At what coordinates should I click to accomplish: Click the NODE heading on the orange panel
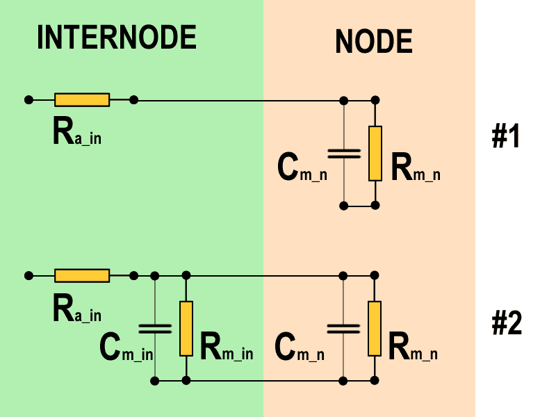pos(373,42)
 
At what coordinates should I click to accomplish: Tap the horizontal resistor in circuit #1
pos(82,100)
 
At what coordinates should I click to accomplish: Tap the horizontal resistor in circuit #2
pos(82,276)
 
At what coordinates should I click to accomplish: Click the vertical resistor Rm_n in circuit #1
pos(375,153)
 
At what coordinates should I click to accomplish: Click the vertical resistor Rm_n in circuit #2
pos(375,328)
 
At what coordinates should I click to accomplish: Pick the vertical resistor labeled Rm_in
pos(186,328)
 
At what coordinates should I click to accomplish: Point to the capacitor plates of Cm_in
pos(154,328)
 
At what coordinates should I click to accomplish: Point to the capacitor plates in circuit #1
pos(343,153)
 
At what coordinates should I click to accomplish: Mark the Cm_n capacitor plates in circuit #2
pos(343,328)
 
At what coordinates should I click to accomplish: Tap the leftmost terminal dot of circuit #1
pos(28,100)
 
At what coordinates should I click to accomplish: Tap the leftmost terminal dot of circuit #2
pos(28,276)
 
